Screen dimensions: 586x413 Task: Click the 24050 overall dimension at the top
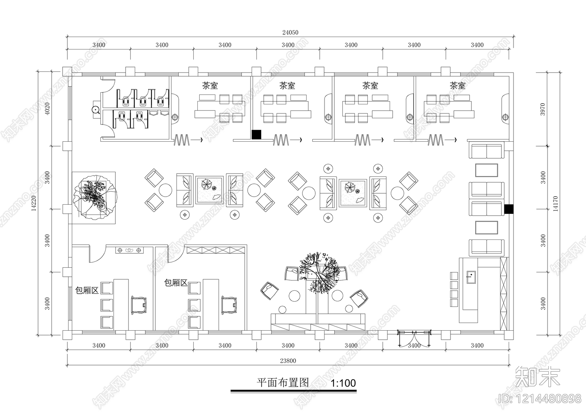(x=290, y=33)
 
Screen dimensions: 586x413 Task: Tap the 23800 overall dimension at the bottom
(x=288, y=361)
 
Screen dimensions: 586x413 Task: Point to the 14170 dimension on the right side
(x=555, y=204)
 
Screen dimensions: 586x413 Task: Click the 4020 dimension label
(x=47, y=108)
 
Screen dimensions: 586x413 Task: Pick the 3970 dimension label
(x=542, y=109)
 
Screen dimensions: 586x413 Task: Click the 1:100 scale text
(x=343, y=383)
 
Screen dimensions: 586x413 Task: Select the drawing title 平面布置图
(x=283, y=383)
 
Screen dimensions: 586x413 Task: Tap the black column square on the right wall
(x=509, y=209)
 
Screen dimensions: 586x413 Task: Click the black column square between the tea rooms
(x=256, y=134)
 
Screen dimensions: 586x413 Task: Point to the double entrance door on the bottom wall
(x=414, y=338)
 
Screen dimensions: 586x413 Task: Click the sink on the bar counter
(x=471, y=277)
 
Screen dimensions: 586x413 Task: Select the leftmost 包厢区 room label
(x=86, y=290)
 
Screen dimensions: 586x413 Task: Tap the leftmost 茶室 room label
(x=210, y=86)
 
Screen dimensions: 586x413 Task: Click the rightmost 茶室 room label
(x=457, y=86)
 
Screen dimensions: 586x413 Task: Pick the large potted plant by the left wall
(x=95, y=197)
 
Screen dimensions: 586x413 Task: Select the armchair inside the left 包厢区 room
(x=138, y=305)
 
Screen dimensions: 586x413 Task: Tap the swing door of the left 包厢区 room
(x=97, y=254)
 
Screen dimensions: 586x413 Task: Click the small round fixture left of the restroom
(x=96, y=109)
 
